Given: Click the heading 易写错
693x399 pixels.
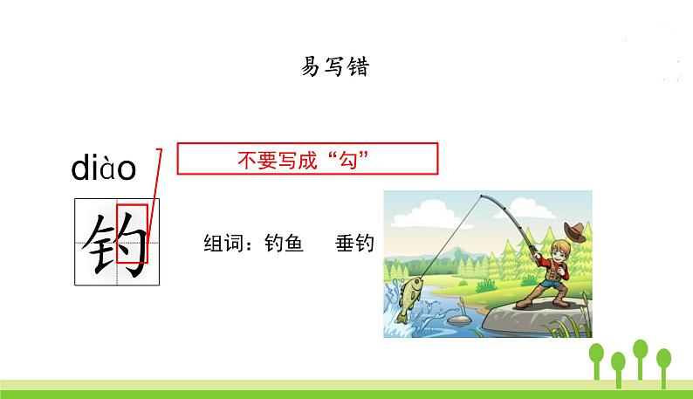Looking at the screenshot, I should [335, 68].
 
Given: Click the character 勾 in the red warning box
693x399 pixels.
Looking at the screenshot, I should [353, 160].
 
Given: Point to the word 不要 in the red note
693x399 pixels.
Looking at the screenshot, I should [254, 160].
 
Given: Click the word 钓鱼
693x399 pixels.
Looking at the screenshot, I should [283, 244].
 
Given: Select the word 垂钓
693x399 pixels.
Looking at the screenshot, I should [353, 244].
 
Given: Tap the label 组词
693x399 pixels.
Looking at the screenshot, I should [221, 244].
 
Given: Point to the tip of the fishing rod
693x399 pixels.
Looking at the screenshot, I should [481, 196].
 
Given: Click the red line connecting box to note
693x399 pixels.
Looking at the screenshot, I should [155, 196].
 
